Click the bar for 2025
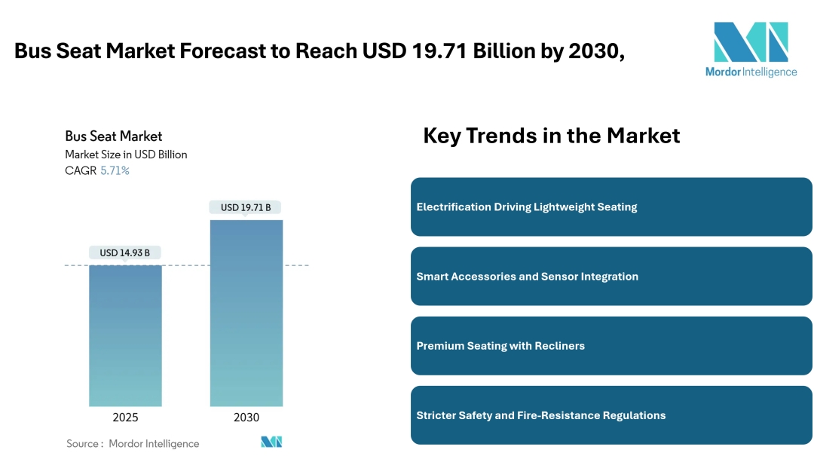point(125,335)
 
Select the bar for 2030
point(246,313)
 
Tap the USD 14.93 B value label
point(125,253)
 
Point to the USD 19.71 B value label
point(246,207)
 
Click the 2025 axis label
point(125,418)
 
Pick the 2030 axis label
point(246,418)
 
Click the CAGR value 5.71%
point(115,171)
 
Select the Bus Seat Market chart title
point(114,136)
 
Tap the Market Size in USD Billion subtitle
point(126,155)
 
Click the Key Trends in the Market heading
point(551,136)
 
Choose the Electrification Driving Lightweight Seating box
point(611,207)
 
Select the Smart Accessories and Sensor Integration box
point(611,277)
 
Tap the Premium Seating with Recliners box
point(611,346)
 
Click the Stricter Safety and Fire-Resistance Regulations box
point(611,415)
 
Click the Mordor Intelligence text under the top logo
point(751,72)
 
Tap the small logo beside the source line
point(271,442)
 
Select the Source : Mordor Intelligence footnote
point(133,444)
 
